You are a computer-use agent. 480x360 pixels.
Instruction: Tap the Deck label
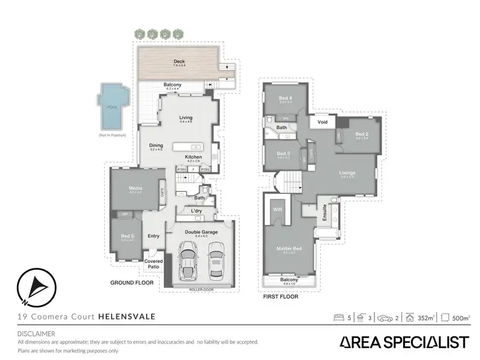tap(179, 62)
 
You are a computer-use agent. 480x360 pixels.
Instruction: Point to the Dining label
tap(156, 146)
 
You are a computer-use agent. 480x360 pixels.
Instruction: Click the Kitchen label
tap(193, 157)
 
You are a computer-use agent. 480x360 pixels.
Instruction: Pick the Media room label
tap(135, 189)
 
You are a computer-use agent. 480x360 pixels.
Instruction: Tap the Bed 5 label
tap(127, 237)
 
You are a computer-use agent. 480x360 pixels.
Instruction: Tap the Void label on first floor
tap(323, 121)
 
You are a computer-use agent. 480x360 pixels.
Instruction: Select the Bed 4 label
tap(285, 98)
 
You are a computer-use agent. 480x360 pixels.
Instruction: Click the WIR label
tap(278, 209)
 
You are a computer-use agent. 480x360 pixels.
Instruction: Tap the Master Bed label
tap(290, 249)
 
